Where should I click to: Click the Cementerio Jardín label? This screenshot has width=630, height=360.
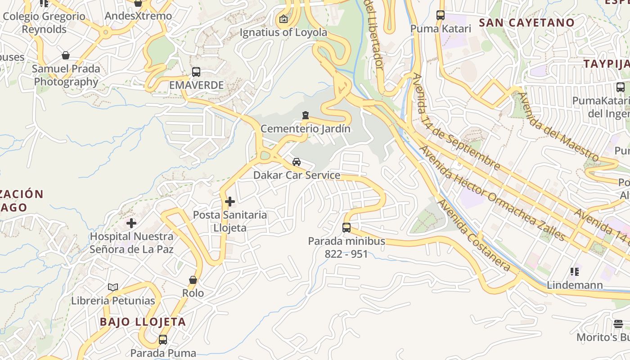[306, 129]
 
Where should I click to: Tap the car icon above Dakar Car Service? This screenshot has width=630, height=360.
[297, 162]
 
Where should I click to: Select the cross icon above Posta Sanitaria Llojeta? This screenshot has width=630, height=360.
[230, 202]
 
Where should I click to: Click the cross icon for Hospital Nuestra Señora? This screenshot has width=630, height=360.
[131, 223]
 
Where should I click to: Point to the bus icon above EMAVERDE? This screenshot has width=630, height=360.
[196, 72]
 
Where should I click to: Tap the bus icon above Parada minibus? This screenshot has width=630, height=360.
[346, 228]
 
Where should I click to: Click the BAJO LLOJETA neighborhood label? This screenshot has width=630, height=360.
[143, 322]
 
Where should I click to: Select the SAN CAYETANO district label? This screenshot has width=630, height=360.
[526, 22]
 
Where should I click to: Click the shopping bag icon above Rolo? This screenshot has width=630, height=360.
[193, 280]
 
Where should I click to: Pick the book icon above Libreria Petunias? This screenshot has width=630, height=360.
[113, 287]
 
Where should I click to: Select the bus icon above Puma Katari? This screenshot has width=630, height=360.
[441, 15]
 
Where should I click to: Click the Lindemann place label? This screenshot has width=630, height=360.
[575, 285]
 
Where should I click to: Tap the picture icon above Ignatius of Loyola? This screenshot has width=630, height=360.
[283, 19]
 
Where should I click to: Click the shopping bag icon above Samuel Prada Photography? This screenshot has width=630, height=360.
[66, 55]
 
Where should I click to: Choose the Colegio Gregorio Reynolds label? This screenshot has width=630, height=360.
[44, 22]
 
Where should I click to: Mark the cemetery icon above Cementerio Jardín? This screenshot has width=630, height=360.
[306, 116]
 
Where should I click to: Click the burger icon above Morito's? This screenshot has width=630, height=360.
[618, 324]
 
